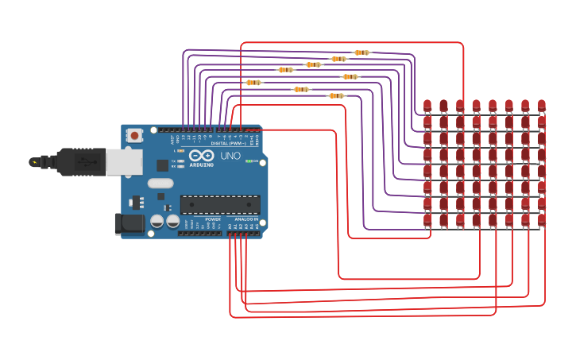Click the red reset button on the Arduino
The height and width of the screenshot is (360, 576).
[134, 136]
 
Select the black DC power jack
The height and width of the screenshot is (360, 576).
[129, 223]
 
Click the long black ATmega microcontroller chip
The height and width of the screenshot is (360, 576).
[220, 204]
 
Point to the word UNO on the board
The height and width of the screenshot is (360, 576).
[230, 156]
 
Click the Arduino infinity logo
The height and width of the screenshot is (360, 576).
[202, 156]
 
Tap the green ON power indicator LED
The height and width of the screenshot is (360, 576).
[249, 161]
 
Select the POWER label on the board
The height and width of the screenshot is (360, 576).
[213, 219]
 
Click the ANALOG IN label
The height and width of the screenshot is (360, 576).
[245, 219]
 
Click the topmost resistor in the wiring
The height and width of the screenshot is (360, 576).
[361, 52]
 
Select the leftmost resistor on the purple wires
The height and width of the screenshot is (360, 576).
[253, 82]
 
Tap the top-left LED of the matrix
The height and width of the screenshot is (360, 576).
[427, 105]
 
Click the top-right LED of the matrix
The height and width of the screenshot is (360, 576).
[542, 105]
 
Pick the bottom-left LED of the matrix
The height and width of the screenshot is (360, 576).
[427, 219]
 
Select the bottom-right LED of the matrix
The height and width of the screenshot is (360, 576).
[542, 219]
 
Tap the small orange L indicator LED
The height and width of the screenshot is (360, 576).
[182, 150]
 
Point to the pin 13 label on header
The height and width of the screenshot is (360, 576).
[184, 137]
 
